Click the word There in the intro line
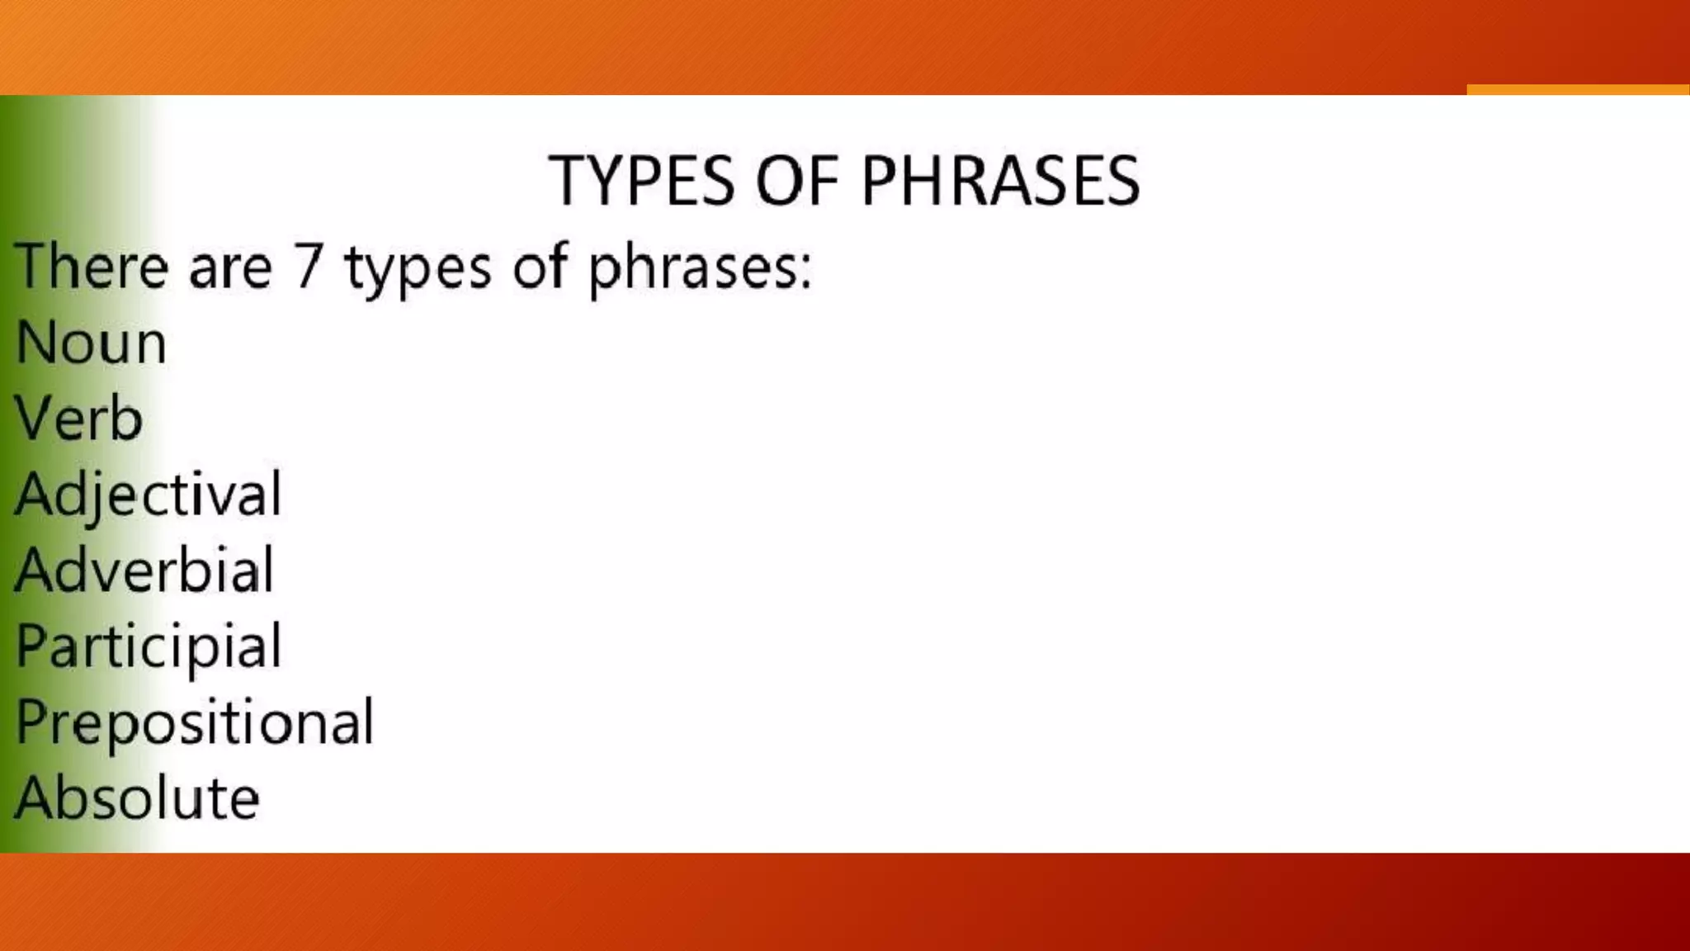point(91,267)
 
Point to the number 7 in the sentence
point(307,267)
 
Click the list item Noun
point(91,343)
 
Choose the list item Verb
point(79,419)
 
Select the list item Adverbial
point(144,570)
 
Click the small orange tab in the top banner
point(1577,89)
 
